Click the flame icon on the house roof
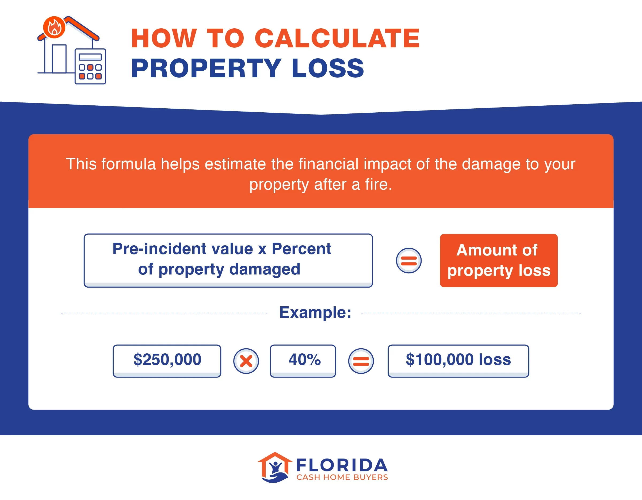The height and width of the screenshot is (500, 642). click(54, 27)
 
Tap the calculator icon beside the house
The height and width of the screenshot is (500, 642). click(90, 66)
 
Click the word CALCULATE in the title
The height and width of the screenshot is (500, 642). click(337, 38)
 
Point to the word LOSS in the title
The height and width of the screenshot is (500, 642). click(328, 68)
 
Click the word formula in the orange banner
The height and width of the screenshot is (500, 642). click(128, 164)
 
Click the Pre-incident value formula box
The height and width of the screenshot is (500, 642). click(228, 260)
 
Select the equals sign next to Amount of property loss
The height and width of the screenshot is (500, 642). click(408, 261)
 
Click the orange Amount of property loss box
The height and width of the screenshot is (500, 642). click(499, 261)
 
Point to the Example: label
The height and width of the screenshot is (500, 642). click(315, 312)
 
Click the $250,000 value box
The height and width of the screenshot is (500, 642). click(167, 360)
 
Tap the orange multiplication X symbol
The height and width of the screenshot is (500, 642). click(246, 361)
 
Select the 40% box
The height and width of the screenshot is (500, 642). click(303, 360)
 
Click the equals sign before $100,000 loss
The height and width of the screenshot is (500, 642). click(361, 361)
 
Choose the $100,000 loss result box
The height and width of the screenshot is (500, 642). click(458, 360)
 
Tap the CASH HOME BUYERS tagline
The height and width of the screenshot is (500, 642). click(342, 477)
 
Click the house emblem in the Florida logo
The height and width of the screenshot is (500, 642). click(275, 467)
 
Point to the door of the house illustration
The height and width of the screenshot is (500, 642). click(59, 59)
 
